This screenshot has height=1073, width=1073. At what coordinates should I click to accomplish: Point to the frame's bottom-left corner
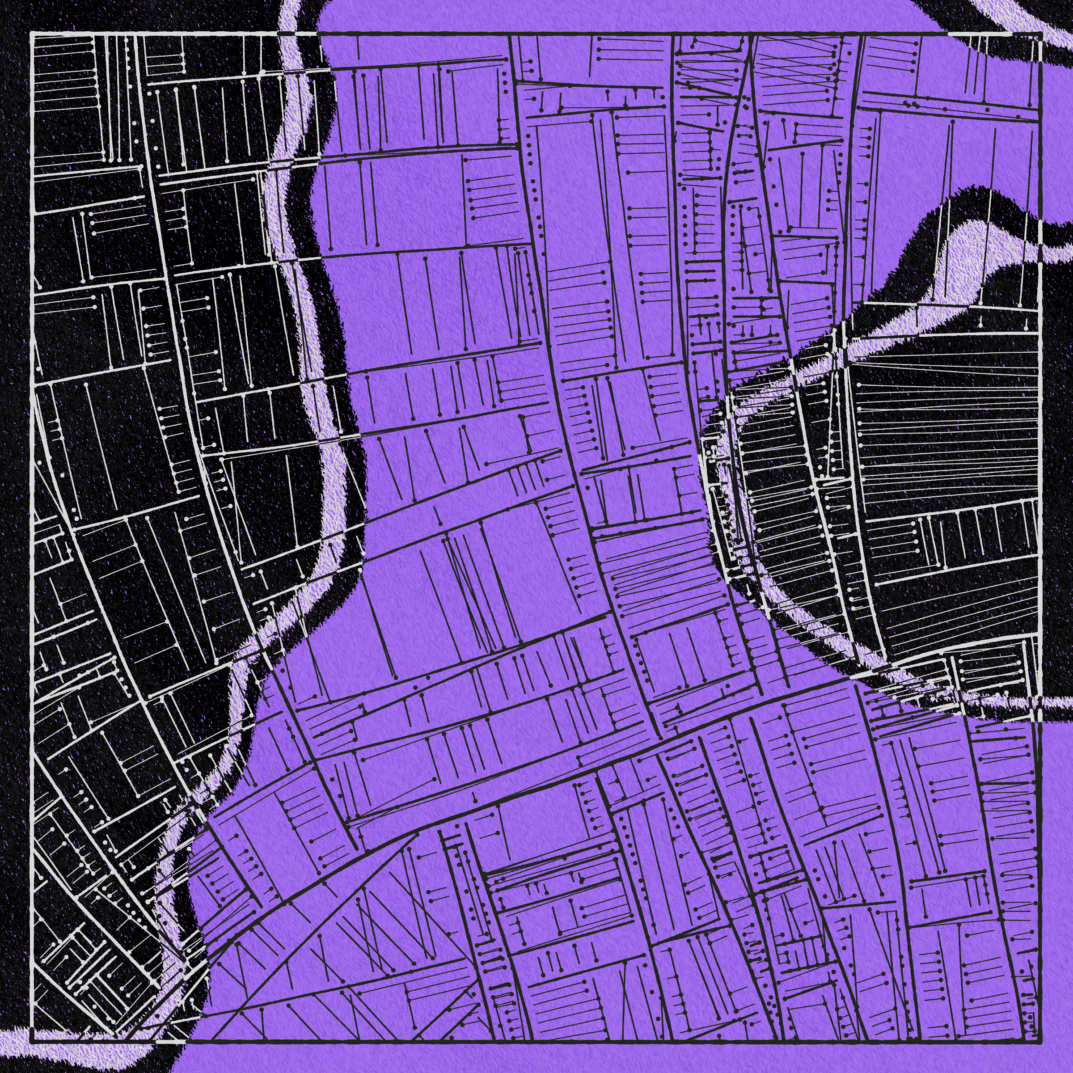click(x=32, y=1039)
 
